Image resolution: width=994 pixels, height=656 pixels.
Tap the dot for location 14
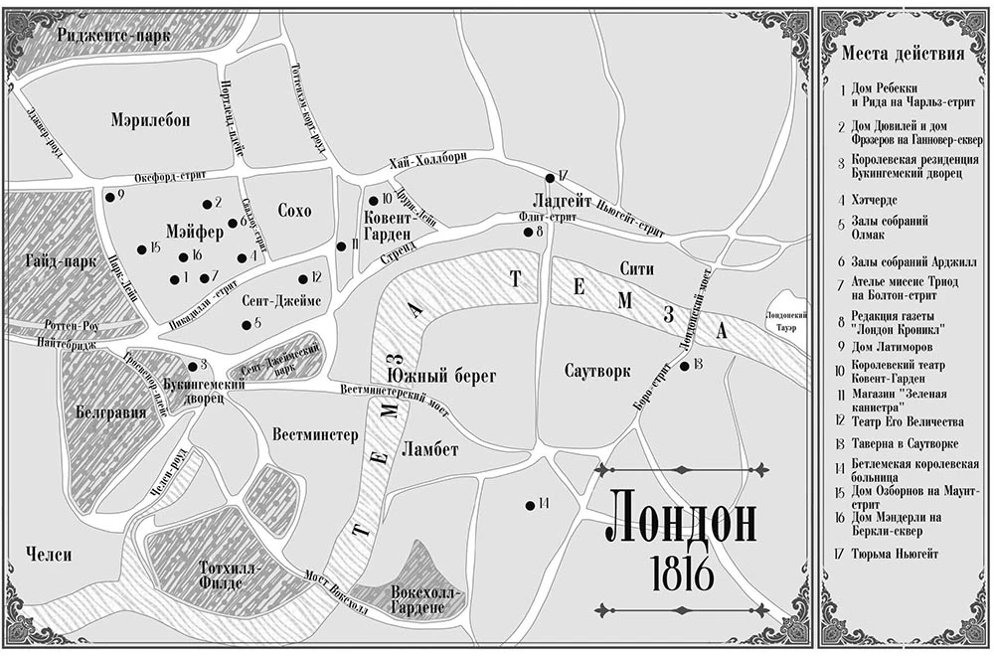pyautogui.click(x=530, y=506)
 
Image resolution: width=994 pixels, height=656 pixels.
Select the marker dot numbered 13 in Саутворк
pyautogui.click(x=685, y=366)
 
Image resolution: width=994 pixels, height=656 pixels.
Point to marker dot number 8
pyautogui.click(x=528, y=232)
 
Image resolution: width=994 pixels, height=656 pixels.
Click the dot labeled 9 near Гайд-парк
pyautogui.click(x=108, y=196)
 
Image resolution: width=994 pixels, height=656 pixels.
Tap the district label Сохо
pyautogui.click(x=294, y=211)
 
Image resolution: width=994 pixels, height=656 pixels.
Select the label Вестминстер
pyautogui.click(x=314, y=434)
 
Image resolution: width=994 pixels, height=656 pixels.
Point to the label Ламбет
pyautogui.click(x=430, y=449)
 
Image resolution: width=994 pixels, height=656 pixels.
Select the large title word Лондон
pyautogui.click(x=681, y=520)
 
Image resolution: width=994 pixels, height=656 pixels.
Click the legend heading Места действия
pyautogui.click(x=902, y=54)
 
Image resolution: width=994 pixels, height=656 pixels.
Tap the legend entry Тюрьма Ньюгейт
pyautogui.click(x=895, y=553)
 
